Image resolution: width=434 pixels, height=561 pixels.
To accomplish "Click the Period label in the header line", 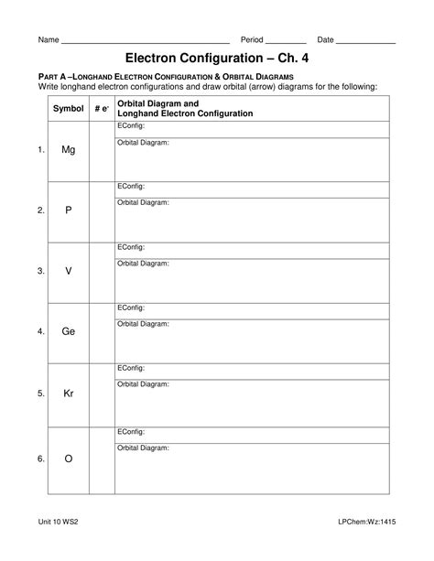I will (x=252, y=40).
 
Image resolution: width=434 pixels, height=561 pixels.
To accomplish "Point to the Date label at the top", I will (x=325, y=40).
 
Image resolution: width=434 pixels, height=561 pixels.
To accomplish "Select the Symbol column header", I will (x=68, y=109).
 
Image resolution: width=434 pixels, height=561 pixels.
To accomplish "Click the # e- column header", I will (x=101, y=109).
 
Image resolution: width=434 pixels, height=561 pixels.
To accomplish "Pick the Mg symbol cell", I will (x=68, y=150).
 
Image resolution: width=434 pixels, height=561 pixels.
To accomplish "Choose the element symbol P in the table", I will (x=68, y=210).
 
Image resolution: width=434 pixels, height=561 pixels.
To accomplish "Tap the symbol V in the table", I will (x=68, y=271).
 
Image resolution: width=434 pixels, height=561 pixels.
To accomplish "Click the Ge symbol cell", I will (x=68, y=332).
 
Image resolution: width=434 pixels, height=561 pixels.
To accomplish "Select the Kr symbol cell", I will (x=68, y=394).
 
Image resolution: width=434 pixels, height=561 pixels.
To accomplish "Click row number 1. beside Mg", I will (x=40, y=150).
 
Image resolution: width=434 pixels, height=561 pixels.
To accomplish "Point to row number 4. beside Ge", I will (x=40, y=332).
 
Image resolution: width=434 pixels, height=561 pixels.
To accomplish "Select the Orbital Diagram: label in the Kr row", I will (x=143, y=384).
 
